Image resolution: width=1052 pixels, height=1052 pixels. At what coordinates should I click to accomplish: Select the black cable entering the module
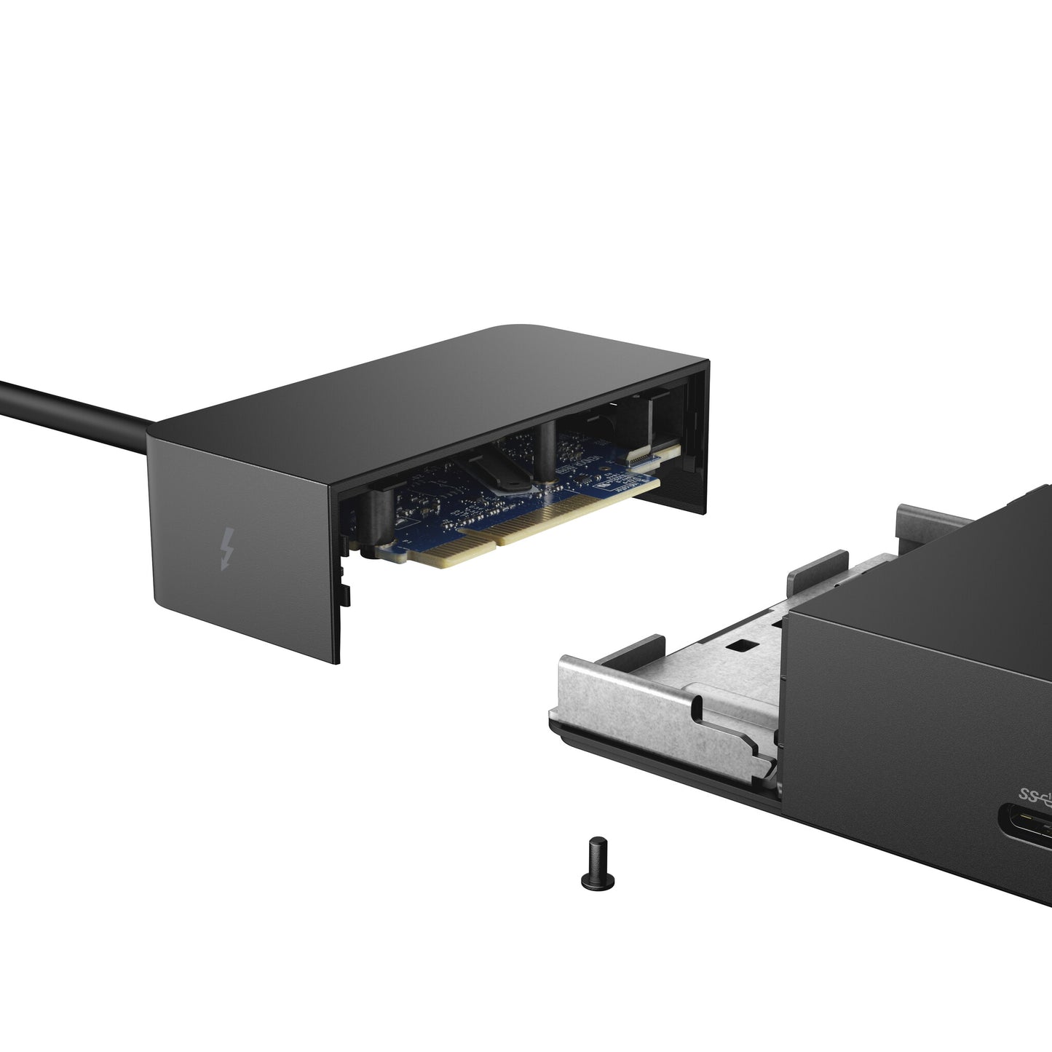click(73, 408)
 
